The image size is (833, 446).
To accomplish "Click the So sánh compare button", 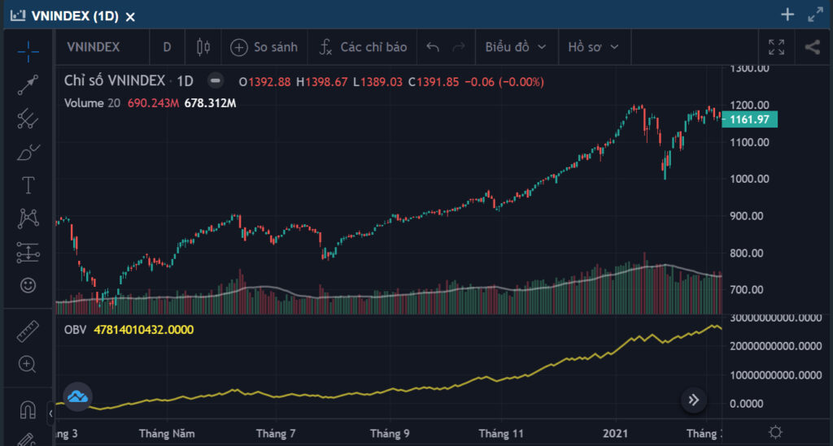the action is [x=264, y=47].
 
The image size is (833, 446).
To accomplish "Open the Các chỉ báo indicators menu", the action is [x=363, y=47].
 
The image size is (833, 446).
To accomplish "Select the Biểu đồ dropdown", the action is [x=515, y=47].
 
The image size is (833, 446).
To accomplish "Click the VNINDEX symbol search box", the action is [x=94, y=47].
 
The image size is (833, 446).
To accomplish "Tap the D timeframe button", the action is [x=167, y=47].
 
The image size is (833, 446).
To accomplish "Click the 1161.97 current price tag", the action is [x=749, y=119].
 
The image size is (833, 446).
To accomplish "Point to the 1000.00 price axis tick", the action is [x=749, y=179].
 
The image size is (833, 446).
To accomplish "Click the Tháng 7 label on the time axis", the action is [x=276, y=433].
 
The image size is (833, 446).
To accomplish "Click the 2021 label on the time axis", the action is [x=615, y=433].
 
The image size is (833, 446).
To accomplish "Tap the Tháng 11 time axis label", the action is [x=500, y=433].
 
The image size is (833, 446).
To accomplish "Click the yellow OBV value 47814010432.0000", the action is [x=143, y=330].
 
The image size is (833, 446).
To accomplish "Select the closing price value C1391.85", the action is [x=433, y=82].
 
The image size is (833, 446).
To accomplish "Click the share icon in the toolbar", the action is [x=813, y=47].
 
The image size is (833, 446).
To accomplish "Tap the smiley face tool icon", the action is [x=28, y=285].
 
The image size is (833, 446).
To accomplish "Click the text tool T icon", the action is [x=28, y=185].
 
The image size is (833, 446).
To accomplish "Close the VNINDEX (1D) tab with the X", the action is [x=130, y=17].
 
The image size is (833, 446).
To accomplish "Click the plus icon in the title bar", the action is [x=787, y=15].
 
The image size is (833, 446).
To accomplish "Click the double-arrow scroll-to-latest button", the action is [x=693, y=400].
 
